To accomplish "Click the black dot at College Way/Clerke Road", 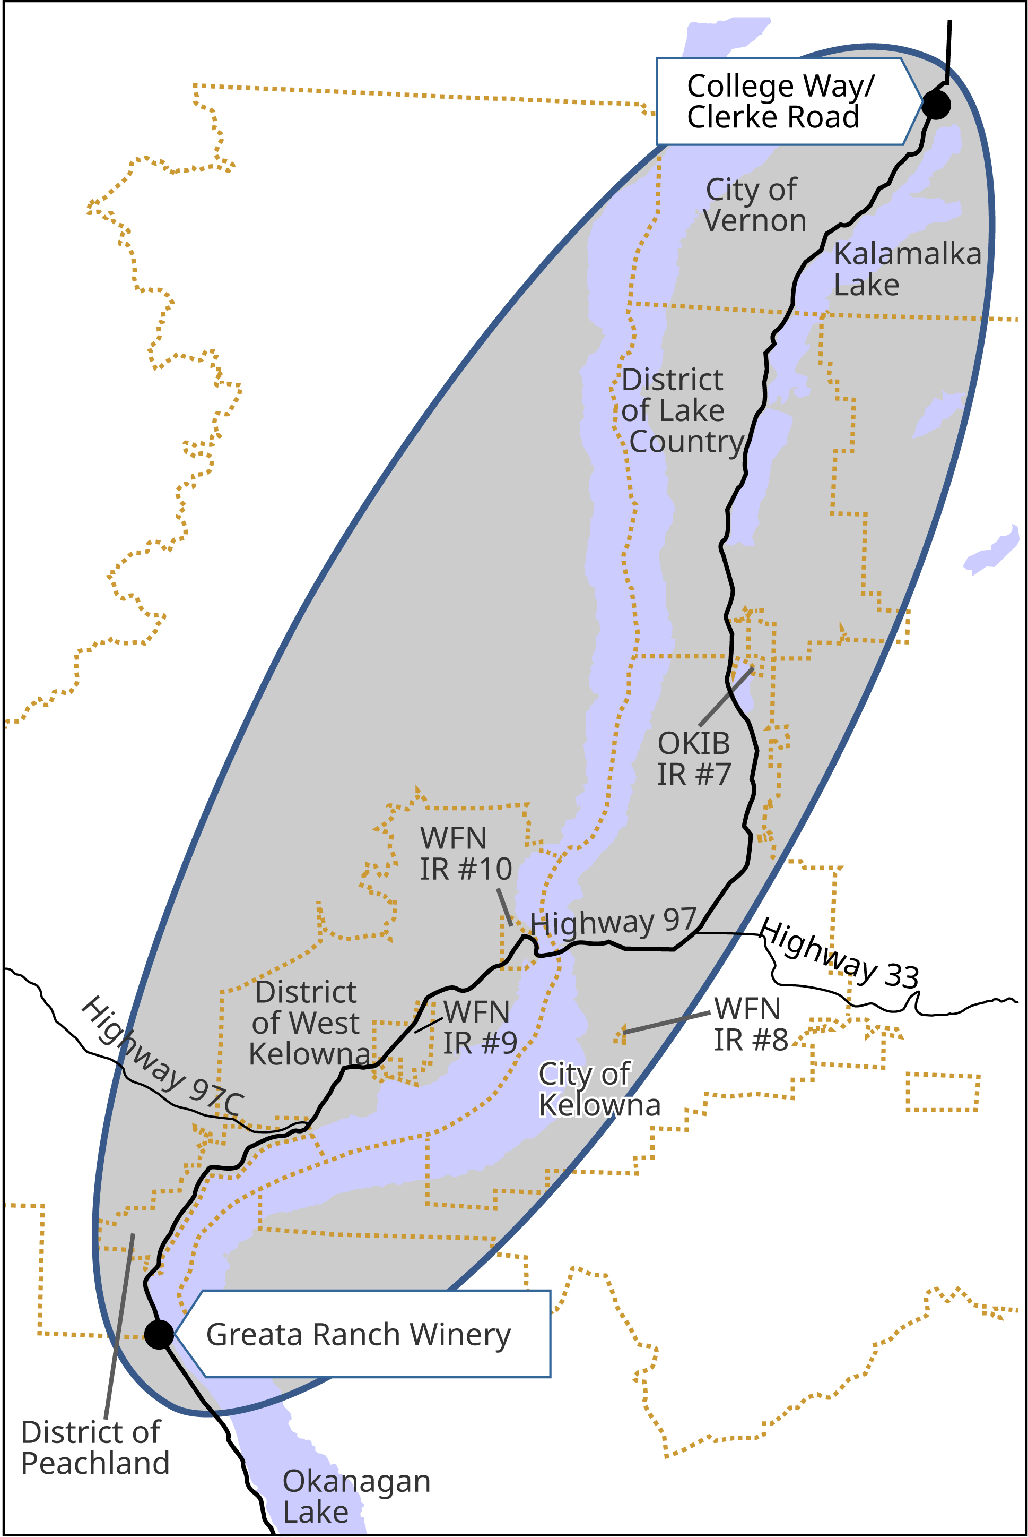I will point(936,104).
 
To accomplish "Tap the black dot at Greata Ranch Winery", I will point(159,1334).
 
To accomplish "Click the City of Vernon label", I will point(753,205).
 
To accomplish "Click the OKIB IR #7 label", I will point(694,759).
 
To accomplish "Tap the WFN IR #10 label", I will point(465,854).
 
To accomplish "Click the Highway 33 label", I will point(839,955).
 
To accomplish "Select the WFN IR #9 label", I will point(478,1027).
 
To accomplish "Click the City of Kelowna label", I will point(598,1089).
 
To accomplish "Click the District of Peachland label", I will point(94,1447).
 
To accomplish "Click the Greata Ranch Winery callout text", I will point(358,1334).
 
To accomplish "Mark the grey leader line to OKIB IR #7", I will point(726,697).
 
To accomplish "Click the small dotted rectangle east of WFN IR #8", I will point(942,1092).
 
